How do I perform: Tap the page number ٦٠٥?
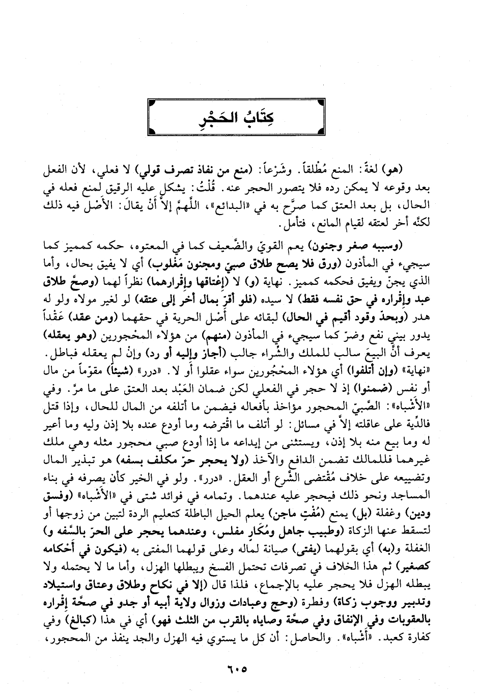coord(238,668)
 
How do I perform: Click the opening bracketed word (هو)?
coord(412,169)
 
